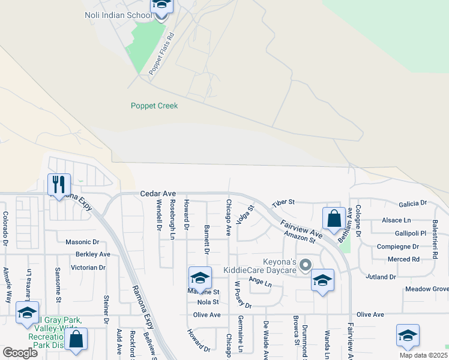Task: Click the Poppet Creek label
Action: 154,106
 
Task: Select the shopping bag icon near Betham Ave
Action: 334,218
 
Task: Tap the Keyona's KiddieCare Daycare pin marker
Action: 306,265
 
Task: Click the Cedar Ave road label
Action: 158,194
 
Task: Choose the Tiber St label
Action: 283,203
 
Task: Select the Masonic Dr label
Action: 82,242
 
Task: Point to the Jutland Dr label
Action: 381,277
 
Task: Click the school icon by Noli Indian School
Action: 161,6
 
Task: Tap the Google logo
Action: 20,353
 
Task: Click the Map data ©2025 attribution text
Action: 423,355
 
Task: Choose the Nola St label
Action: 208,302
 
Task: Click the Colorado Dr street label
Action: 5,226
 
